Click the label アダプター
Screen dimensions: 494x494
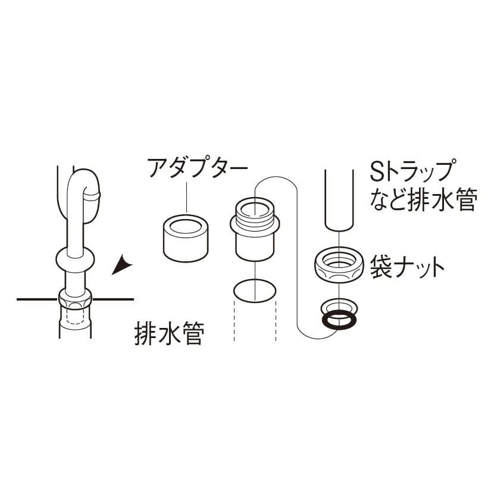[x=198, y=168]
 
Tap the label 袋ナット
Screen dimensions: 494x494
[x=407, y=267]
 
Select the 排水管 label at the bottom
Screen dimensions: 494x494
[x=170, y=333]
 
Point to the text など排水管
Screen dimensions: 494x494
[x=423, y=200]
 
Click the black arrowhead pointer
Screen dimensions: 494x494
[x=121, y=265]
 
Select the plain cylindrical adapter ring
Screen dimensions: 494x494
[x=186, y=238]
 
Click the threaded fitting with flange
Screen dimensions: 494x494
[x=255, y=229]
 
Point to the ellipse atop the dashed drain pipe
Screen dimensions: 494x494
[x=255, y=290]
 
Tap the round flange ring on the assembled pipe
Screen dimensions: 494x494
[x=75, y=259]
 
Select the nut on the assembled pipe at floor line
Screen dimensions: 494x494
[x=76, y=299]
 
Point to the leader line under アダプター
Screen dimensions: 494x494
[x=186, y=197]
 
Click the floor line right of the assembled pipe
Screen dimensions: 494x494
[x=113, y=299]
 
